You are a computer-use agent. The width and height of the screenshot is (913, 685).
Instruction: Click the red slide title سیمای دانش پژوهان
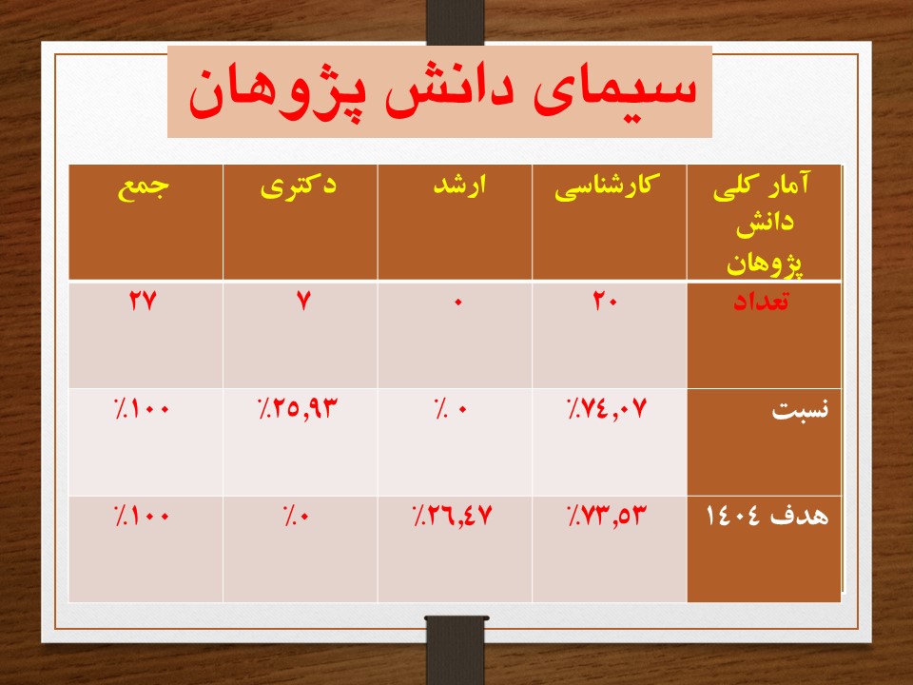[442, 93]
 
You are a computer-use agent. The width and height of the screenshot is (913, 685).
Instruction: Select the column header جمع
[144, 187]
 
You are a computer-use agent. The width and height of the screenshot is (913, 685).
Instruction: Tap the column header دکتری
[298, 186]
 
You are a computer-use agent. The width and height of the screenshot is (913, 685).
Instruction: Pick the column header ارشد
[459, 186]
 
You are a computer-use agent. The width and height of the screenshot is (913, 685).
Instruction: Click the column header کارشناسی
[607, 187]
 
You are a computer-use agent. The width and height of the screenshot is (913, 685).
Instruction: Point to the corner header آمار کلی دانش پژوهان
[764, 224]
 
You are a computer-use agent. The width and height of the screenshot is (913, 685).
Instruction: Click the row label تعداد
[761, 302]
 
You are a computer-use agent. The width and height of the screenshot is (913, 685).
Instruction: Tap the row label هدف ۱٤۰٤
[767, 516]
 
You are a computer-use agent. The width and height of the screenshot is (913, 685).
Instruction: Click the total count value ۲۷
[144, 302]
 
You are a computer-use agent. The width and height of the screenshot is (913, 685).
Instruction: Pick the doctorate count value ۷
[303, 302]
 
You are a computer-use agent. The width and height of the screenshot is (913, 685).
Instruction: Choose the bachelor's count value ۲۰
[606, 302]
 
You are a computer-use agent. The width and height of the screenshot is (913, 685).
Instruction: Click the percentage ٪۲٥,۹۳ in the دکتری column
[298, 409]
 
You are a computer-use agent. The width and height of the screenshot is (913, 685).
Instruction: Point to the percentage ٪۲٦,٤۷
[453, 516]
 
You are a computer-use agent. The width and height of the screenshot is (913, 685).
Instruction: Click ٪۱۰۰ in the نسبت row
[142, 409]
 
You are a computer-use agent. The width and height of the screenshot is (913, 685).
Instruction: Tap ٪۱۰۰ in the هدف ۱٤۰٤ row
[142, 516]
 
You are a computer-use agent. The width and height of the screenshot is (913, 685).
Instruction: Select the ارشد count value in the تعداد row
[457, 302]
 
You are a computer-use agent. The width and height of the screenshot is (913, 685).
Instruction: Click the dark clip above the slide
[455, 22]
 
